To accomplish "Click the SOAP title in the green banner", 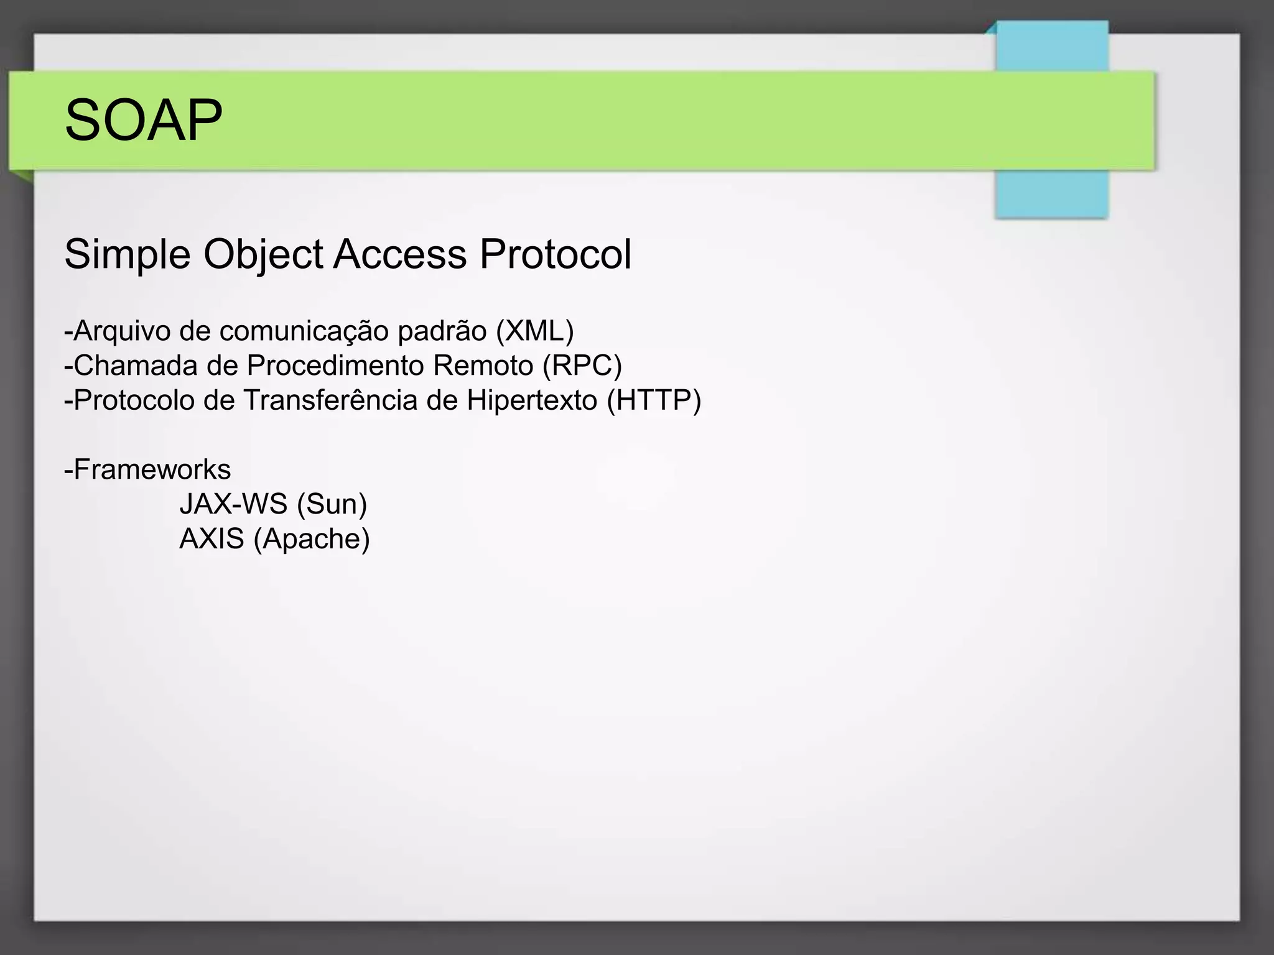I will pyautogui.click(x=143, y=120).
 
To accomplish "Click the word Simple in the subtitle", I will pyautogui.click(x=127, y=255).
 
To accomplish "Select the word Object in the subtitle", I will pyautogui.click(x=263, y=255).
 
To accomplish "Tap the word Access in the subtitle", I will pyautogui.click(x=400, y=255).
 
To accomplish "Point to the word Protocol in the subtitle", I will pyautogui.click(x=556, y=255).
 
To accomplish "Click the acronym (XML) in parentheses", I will pyautogui.click(x=534, y=331).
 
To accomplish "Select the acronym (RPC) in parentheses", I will pyautogui.click(x=582, y=366).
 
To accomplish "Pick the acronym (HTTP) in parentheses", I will pyautogui.click(x=654, y=400).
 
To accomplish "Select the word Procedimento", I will pyautogui.click(x=336, y=366).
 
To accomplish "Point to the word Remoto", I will pyautogui.click(x=483, y=366).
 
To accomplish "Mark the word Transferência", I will pyautogui.click(x=330, y=400).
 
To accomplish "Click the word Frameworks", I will pyautogui.click(x=152, y=469).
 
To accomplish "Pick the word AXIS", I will pyautogui.click(x=212, y=538).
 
